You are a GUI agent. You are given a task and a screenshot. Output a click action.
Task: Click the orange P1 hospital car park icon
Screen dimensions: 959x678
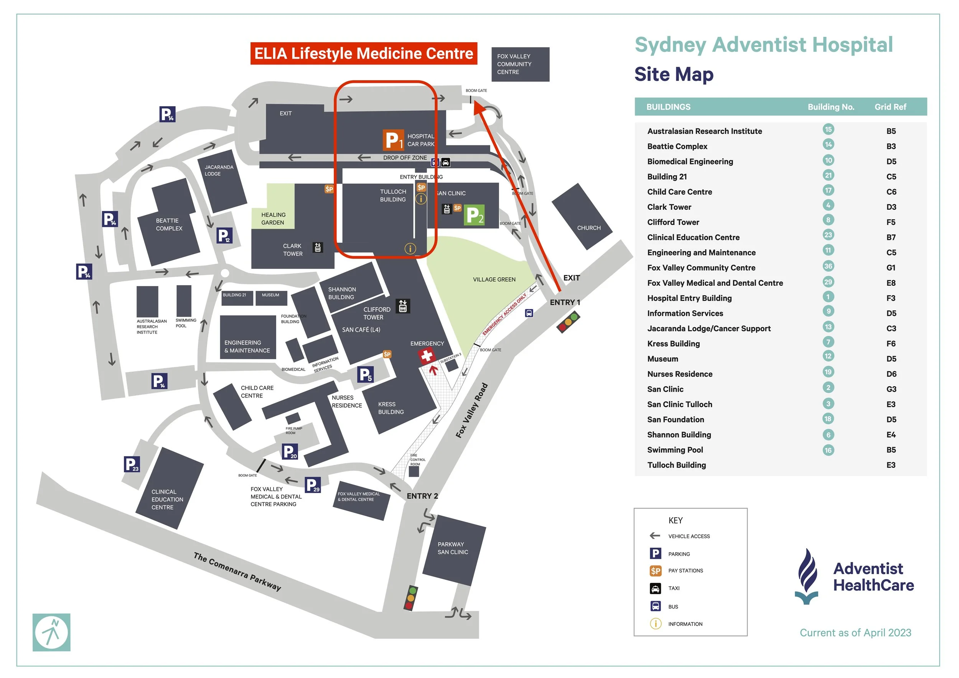(x=393, y=140)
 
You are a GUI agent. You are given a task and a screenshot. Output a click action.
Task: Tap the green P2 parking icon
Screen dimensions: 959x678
(x=474, y=216)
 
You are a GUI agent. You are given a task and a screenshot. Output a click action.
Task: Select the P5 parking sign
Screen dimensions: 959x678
(x=366, y=375)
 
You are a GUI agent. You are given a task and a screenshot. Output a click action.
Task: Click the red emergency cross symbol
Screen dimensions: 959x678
(x=426, y=356)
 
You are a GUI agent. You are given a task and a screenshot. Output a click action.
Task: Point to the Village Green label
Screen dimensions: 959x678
(x=494, y=279)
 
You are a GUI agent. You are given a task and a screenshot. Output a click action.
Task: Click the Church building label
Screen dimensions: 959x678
(x=588, y=228)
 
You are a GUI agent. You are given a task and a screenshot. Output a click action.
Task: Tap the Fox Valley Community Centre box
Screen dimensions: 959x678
(x=520, y=64)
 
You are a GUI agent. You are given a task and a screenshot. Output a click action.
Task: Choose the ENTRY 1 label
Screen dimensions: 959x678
(x=565, y=302)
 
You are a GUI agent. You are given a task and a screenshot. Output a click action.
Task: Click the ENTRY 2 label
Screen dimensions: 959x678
(x=422, y=496)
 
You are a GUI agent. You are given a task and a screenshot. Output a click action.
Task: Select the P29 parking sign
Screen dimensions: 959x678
(x=312, y=485)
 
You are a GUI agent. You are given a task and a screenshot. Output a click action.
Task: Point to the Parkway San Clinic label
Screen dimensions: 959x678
(x=453, y=548)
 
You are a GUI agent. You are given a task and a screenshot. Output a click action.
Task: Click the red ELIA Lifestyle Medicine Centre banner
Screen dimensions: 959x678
(x=363, y=53)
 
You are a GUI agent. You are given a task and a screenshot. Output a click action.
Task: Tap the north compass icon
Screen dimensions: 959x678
(x=51, y=632)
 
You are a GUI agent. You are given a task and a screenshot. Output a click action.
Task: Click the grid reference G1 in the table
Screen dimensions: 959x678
(x=891, y=268)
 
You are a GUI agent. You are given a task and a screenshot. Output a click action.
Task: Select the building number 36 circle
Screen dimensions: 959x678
(x=828, y=267)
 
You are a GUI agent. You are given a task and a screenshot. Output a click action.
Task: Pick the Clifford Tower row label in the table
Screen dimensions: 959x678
(x=673, y=222)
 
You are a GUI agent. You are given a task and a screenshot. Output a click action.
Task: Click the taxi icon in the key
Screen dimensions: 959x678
(x=655, y=588)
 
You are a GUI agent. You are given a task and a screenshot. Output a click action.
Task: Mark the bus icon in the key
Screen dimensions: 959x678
(x=655, y=606)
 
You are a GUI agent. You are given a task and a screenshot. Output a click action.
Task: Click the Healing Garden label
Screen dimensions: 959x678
(x=273, y=219)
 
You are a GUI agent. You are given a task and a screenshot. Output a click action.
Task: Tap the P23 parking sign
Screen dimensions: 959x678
(x=132, y=464)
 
